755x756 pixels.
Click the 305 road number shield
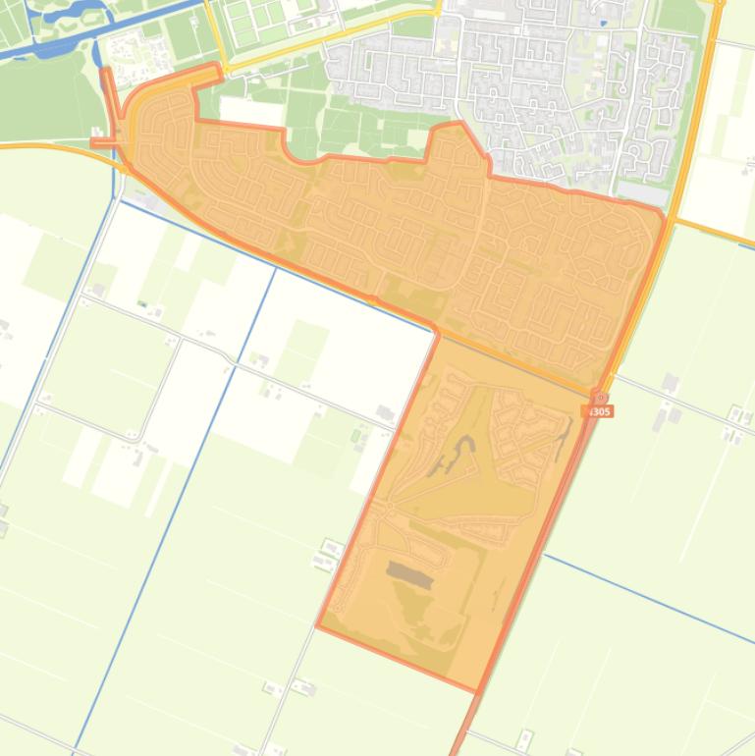598,411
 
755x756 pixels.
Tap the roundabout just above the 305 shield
600,398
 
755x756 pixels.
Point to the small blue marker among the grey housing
602,22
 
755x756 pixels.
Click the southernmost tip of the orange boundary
478,691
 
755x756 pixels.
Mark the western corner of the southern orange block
317,625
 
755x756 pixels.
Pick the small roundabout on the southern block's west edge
389,505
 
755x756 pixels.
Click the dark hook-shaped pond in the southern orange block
459,456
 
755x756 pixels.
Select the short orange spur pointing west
104,143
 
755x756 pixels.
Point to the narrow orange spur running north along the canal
110,93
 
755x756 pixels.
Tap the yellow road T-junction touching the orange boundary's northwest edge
222,71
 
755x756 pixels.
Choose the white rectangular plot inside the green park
252,112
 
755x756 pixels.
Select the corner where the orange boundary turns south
435,330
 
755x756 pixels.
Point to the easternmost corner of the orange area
665,215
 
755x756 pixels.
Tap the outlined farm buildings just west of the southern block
328,556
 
